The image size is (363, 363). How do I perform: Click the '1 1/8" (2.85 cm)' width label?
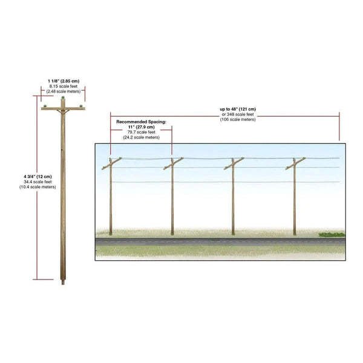(x=64, y=81)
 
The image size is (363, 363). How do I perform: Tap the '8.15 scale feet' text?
(x=64, y=86)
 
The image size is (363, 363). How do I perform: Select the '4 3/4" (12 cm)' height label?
(x=38, y=177)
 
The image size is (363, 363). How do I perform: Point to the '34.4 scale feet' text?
(x=38, y=181)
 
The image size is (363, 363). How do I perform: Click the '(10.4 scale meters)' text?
(x=38, y=187)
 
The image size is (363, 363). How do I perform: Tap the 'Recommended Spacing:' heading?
(x=141, y=122)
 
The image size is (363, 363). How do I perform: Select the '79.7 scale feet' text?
(x=141, y=132)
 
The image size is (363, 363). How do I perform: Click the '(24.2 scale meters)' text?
(x=141, y=137)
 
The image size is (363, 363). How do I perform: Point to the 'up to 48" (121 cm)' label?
(x=238, y=109)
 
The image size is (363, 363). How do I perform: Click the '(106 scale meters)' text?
(x=238, y=119)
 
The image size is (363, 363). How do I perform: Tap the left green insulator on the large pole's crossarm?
(x=45, y=106)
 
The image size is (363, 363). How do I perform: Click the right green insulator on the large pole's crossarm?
(x=81, y=106)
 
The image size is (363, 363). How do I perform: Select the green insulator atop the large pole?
(x=63, y=97)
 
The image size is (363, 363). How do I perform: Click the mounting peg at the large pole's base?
(x=63, y=282)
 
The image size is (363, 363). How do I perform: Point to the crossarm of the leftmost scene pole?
(x=112, y=163)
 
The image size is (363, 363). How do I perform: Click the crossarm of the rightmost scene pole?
(x=295, y=163)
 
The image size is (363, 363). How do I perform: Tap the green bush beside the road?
(x=332, y=235)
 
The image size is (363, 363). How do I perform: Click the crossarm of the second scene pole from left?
(x=174, y=163)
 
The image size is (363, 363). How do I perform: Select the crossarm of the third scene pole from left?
(x=234, y=163)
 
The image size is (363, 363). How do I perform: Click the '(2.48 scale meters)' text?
(x=64, y=91)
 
